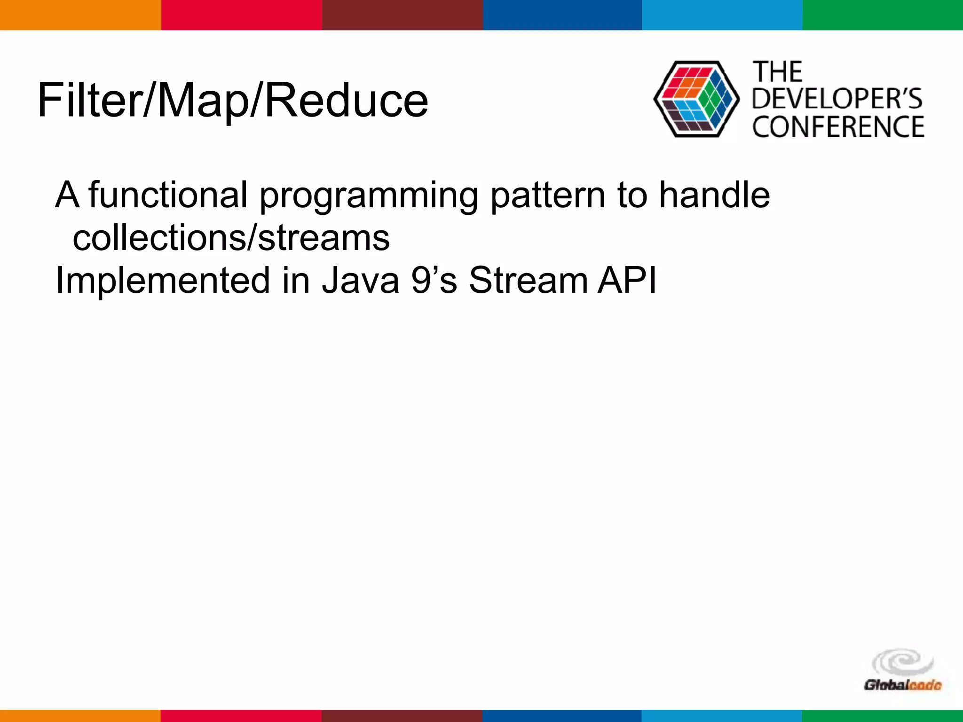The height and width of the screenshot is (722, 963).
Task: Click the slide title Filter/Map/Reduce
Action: pos(233,100)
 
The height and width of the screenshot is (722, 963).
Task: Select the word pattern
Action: pos(547,196)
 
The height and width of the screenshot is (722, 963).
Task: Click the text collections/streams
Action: pos(231,238)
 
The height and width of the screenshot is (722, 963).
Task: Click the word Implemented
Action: pos(163,281)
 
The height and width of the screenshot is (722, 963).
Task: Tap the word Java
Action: pos(360,281)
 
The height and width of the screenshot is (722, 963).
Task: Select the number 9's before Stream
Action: pos(434,281)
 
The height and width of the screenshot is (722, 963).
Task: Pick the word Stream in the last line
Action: pos(528,281)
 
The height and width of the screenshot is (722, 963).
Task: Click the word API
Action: pos(627,281)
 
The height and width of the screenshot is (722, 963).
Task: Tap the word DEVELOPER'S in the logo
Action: pos(837,99)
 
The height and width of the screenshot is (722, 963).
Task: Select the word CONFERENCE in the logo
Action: pos(838,127)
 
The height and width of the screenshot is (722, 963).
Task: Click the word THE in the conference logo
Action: pos(777,72)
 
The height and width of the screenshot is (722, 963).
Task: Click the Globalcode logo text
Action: pos(902,685)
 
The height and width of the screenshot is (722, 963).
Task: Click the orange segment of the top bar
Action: pos(80,15)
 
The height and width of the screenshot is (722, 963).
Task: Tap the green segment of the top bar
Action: pos(883,15)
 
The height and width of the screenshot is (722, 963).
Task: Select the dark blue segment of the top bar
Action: pos(562,15)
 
